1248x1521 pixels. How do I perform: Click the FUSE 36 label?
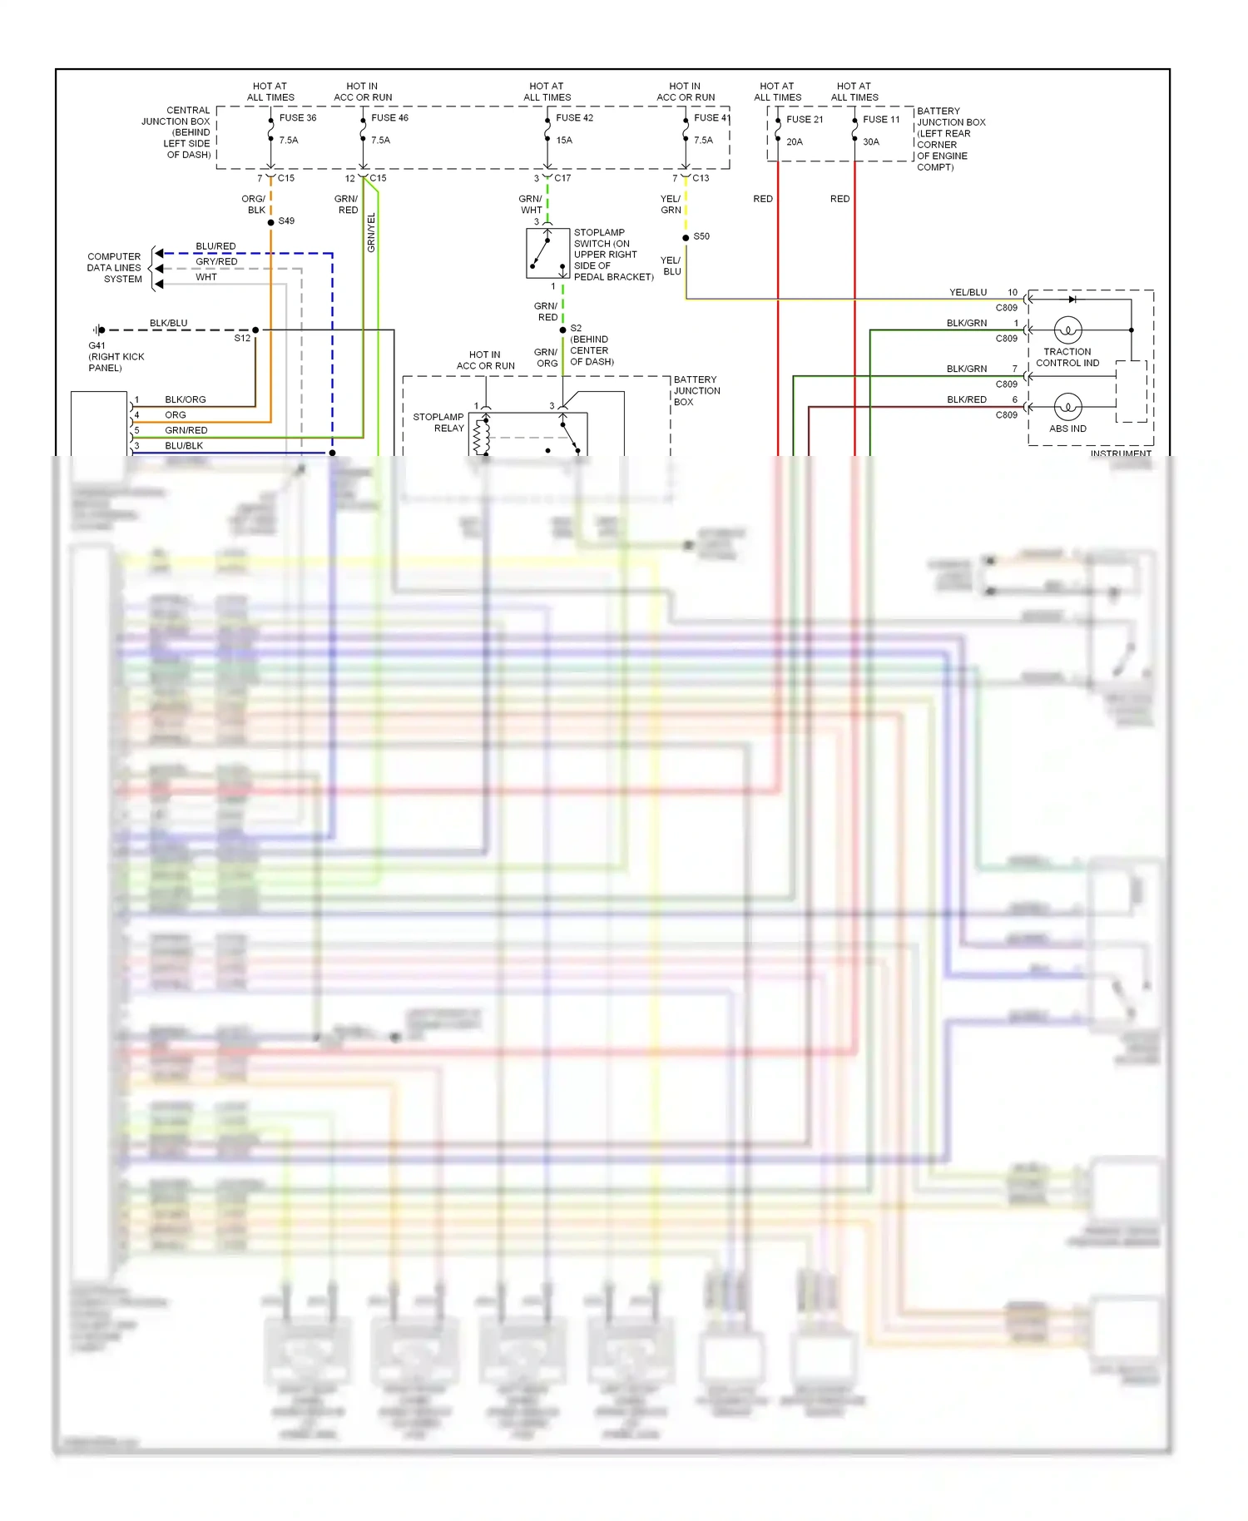coord(297,118)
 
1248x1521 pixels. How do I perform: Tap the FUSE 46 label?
coord(389,118)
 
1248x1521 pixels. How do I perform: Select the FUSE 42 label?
coord(574,118)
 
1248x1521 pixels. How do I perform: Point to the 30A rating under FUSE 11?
coord(870,142)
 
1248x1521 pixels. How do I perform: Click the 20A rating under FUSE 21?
coord(794,142)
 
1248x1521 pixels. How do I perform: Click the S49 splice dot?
coord(271,222)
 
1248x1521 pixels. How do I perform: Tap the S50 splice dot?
coord(686,238)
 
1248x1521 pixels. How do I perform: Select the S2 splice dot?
coord(563,330)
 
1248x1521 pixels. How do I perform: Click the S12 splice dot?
coord(255,330)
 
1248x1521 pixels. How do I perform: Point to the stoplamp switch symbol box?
coord(547,253)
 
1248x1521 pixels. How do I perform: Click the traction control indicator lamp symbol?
coord(1067,330)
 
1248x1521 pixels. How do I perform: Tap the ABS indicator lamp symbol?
coord(1067,407)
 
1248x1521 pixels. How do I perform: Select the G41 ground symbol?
coord(99,330)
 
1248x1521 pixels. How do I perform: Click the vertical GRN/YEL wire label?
coord(371,232)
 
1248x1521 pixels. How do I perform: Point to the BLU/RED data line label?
coord(215,246)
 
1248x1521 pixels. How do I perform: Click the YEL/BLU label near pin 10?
coord(968,293)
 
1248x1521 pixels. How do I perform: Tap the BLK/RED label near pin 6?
coord(966,400)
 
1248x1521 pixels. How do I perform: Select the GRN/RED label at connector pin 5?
coord(186,431)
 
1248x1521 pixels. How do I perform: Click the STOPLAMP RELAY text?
coord(438,423)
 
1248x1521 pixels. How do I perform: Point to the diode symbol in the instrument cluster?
coord(1072,299)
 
